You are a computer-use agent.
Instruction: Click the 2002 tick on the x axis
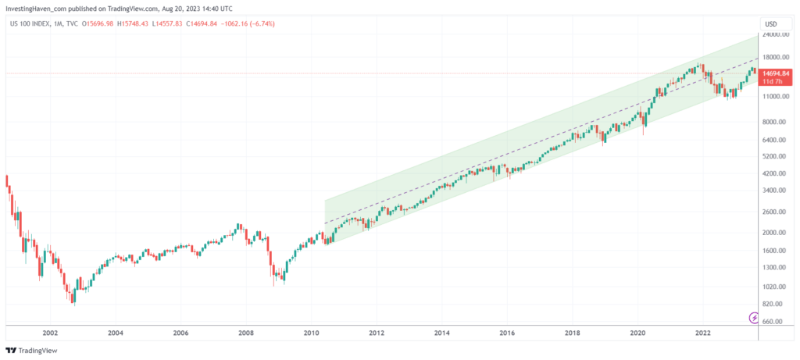[50, 332]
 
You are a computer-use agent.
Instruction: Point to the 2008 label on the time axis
[246, 332]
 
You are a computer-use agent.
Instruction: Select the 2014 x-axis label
[441, 332]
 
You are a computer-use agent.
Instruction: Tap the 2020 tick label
[637, 332]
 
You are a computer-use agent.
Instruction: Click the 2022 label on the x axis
[702, 332]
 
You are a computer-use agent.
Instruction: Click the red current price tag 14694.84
[777, 73]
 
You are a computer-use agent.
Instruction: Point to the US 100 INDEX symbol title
[30, 23]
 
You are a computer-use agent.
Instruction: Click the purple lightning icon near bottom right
[754, 317]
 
